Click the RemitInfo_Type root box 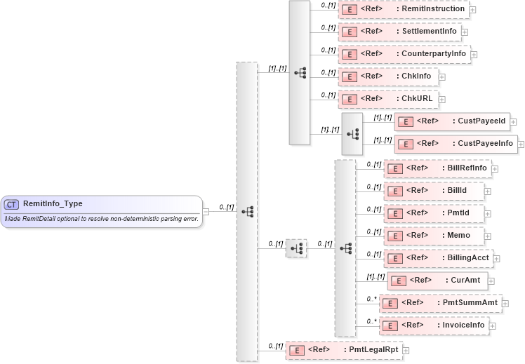pos(101,211)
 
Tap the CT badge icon pos(11,204)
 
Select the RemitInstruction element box pos(404,9)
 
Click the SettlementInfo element pos(399,32)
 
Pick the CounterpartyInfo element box pos(404,54)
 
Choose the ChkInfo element pos(388,76)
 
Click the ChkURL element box pos(388,99)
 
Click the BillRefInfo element pos(437,168)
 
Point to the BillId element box pos(433,191)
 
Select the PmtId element pos(433,213)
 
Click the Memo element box pos(433,236)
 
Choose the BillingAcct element pos(438,258)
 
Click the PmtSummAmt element pos(440,303)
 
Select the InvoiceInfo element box pos(434,325)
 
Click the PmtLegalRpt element pos(343,349)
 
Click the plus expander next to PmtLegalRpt pos(406,350)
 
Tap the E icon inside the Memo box pos(394,236)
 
